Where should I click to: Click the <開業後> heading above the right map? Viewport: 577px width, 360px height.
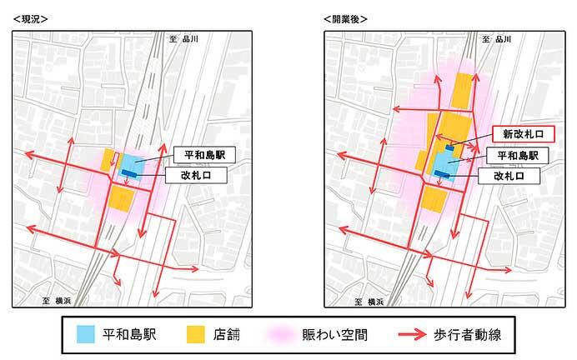344,18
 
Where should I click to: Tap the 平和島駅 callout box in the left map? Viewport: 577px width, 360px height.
205,155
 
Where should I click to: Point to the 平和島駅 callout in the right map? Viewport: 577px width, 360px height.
517,155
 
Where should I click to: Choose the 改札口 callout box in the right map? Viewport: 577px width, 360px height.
509,176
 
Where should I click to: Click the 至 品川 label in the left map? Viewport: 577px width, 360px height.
183,38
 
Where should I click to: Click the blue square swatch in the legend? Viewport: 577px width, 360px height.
87,335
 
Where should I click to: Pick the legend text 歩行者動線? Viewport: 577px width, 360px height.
467,335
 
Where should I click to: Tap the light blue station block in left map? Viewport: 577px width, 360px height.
133,162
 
